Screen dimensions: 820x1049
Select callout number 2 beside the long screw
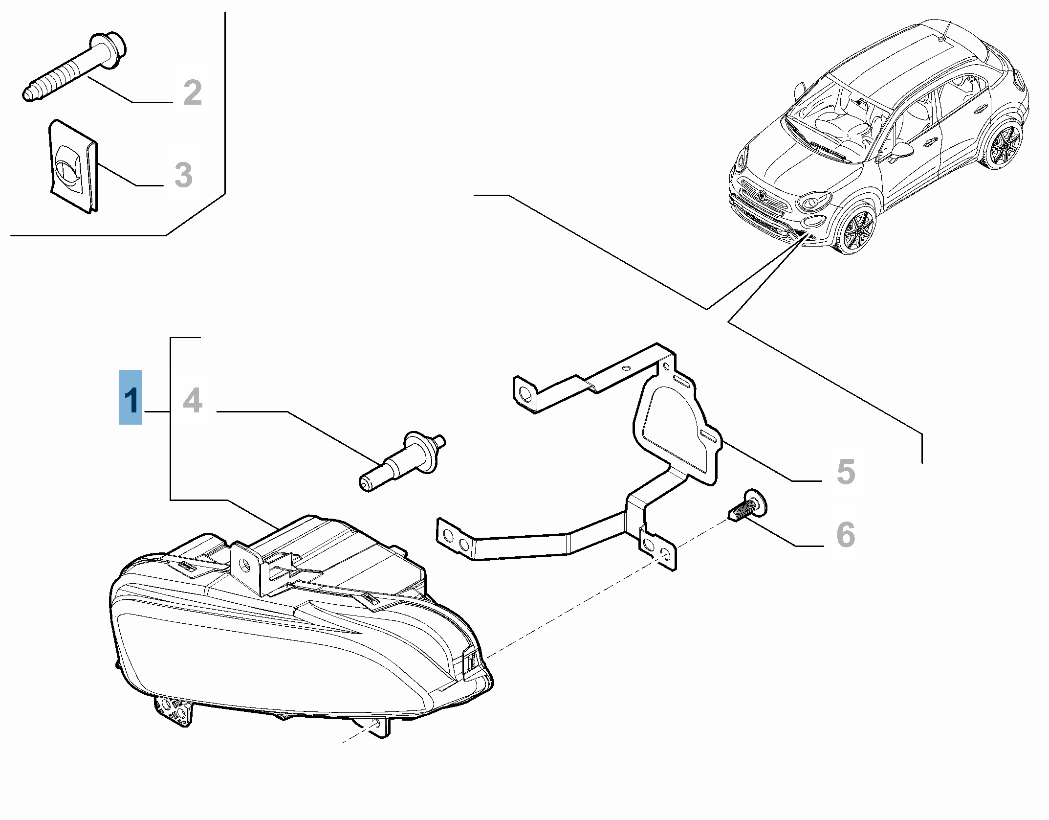[192, 93]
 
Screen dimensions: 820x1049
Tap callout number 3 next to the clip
[183, 175]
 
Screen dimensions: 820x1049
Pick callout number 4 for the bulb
[192, 401]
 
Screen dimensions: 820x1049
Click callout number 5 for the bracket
[846, 472]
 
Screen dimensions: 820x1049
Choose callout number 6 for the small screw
[846, 534]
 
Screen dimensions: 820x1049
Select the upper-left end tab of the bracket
[524, 394]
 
